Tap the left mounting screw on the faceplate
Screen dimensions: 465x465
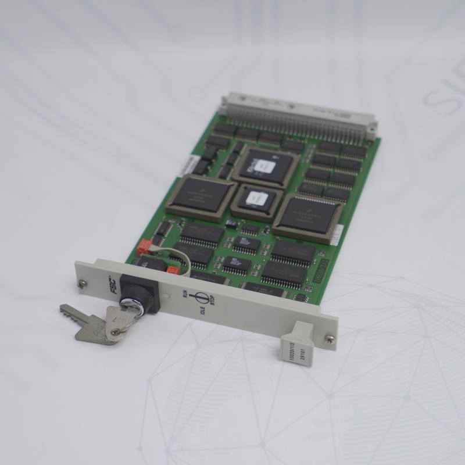click(x=82, y=283)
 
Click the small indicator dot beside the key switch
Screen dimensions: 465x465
click(x=167, y=296)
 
